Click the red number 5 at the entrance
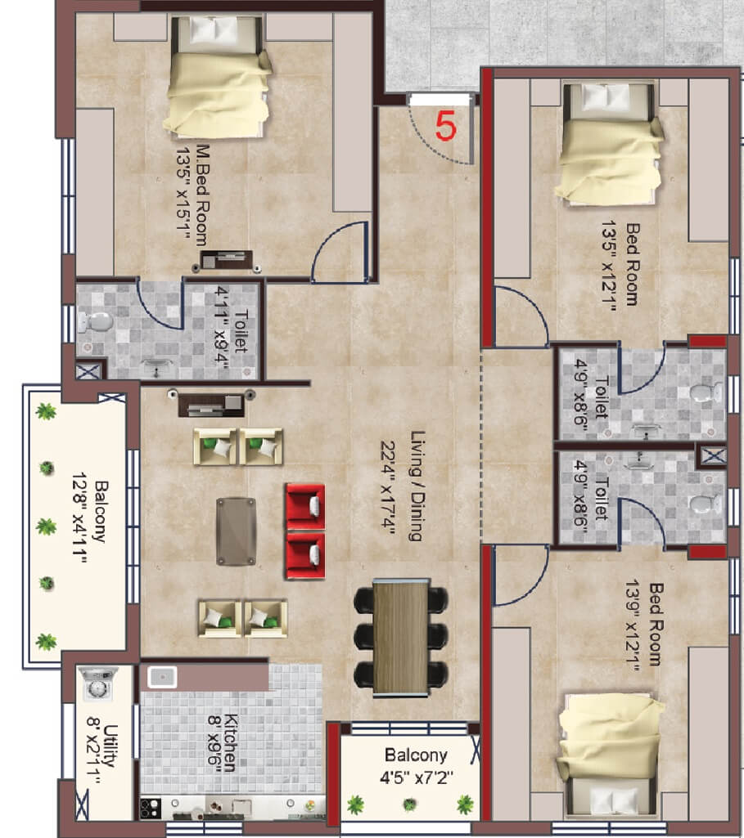click(x=445, y=126)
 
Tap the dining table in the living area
click(x=401, y=636)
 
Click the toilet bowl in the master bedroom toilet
click(x=96, y=325)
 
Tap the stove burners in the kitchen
click(x=151, y=808)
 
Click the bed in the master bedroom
click(x=219, y=78)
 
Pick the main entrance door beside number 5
click(x=441, y=99)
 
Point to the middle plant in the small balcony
click(x=409, y=804)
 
